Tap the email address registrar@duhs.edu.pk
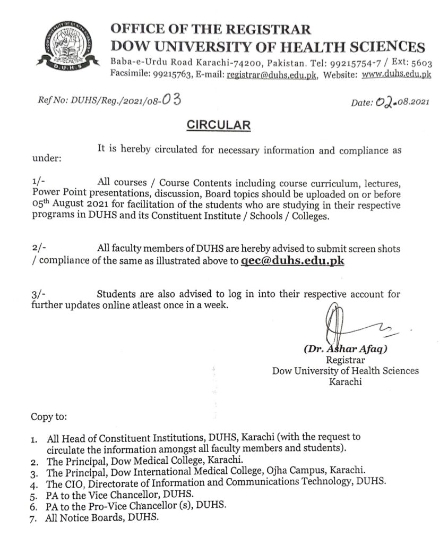[x=272, y=75]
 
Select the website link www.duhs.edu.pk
[x=395, y=75]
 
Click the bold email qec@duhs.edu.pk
[x=292, y=261]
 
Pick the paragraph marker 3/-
[x=39, y=294]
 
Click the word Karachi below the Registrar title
[x=345, y=381]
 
